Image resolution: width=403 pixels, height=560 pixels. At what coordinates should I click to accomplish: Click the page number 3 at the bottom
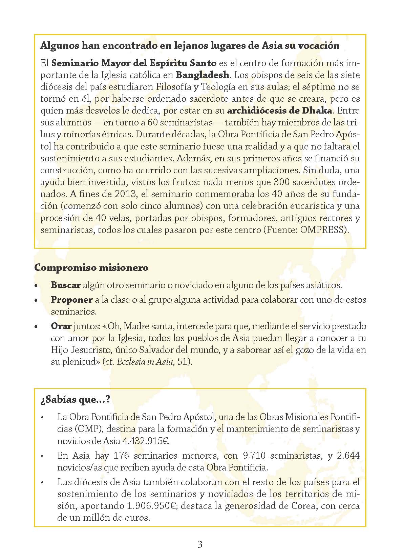point(200,544)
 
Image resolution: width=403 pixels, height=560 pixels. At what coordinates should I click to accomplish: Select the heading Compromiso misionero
point(91,267)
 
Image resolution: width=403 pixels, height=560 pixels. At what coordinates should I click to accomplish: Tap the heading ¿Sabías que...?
point(75,400)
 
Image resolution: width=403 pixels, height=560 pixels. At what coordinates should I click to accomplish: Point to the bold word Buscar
point(66,285)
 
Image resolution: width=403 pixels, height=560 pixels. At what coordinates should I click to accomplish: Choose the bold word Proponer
point(71,300)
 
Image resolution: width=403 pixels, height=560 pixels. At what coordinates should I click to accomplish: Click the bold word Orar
point(61,326)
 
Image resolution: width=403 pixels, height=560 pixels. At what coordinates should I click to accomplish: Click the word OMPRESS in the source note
point(323,230)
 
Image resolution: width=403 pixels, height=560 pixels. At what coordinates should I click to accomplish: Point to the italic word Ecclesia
point(131,362)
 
